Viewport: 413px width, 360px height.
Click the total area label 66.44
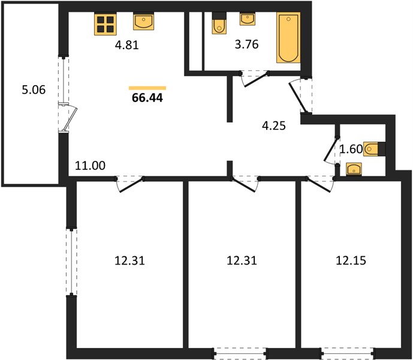click(x=147, y=98)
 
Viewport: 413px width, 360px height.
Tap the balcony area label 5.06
click(x=34, y=89)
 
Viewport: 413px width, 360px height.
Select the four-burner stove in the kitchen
click(x=105, y=24)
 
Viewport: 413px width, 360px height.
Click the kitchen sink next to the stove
click(x=143, y=22)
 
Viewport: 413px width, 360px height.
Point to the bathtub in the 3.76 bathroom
click(x=288, y=37)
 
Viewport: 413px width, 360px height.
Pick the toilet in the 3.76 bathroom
click(x=219, y=23)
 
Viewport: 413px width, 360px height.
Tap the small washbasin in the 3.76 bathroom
click(x=247, y=19)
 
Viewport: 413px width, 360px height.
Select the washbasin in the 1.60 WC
click(x=354, y=169)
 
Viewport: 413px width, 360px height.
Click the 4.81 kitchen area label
click(x=126, y=45)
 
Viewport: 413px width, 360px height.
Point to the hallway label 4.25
click(x=274, y=125)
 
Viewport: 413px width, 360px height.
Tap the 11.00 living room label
click(x=90, y=166)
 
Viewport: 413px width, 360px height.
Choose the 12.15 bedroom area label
click(x=351, y=260)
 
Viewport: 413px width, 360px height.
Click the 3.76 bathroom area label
click(x=246, y=44)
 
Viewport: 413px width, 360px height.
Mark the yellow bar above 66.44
click(x=147, y=88)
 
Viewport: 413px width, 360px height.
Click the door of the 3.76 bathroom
click(x=256, y=79)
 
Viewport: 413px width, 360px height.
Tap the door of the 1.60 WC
click(x=330, y=149)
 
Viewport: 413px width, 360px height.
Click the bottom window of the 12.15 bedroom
click(x=348, y=352)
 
